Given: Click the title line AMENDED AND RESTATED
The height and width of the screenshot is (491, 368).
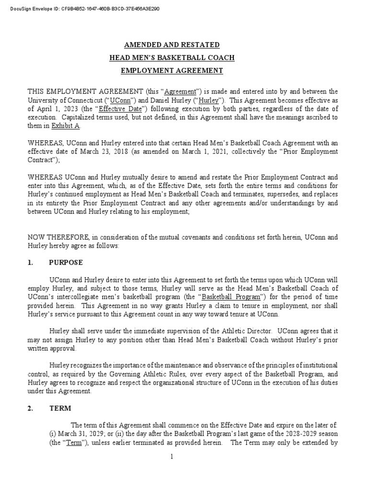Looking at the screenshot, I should (x=172, y=45).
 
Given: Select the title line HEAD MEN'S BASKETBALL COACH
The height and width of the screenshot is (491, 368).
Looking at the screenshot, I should (x=172, y=58).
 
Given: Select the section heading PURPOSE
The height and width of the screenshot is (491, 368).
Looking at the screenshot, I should (x=66, y=263).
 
